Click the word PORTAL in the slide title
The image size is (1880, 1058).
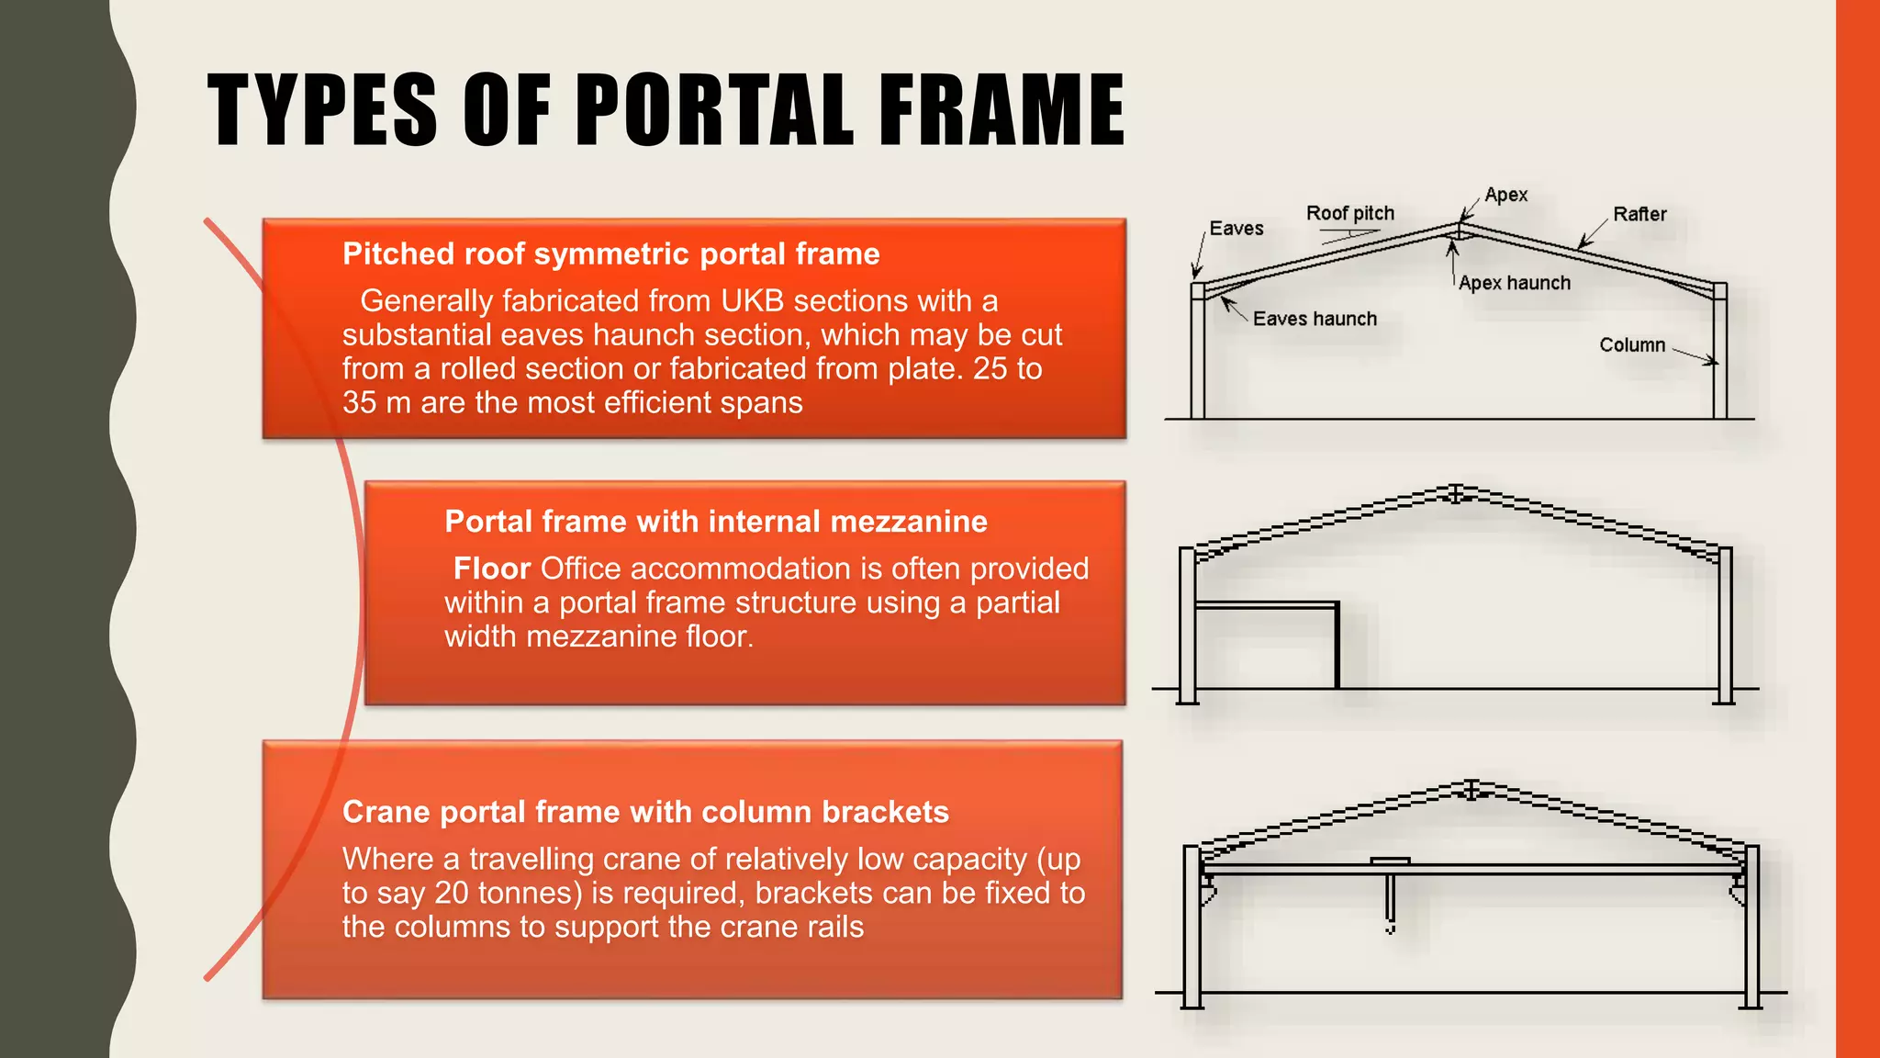pos(715,110)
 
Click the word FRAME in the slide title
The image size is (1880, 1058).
pos(1002,110)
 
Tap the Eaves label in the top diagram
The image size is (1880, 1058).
pos(1236,229)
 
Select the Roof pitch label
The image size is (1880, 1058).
pos(1349,214)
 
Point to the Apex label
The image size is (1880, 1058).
pos(1505,195)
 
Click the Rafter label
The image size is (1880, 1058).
pos(1639,214)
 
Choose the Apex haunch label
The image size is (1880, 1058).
pos(1514,283)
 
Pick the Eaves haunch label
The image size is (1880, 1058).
pos(1315,319)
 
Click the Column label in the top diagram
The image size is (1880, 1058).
pos(1631,345)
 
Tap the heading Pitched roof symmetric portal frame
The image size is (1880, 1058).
pos(610,254)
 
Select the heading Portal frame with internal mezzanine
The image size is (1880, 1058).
pos(715,522)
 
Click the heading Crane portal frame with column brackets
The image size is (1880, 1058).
pos(645,812)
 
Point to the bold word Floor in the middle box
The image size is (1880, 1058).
pos(491,568)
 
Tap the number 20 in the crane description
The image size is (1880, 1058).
pos(452,893)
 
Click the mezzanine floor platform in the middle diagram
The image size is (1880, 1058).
pos(1267,605)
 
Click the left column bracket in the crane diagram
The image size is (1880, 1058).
pos(1207,890)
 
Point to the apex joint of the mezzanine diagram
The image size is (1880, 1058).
pos(1456,494)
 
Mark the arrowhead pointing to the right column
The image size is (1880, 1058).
pos(1711,362)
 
